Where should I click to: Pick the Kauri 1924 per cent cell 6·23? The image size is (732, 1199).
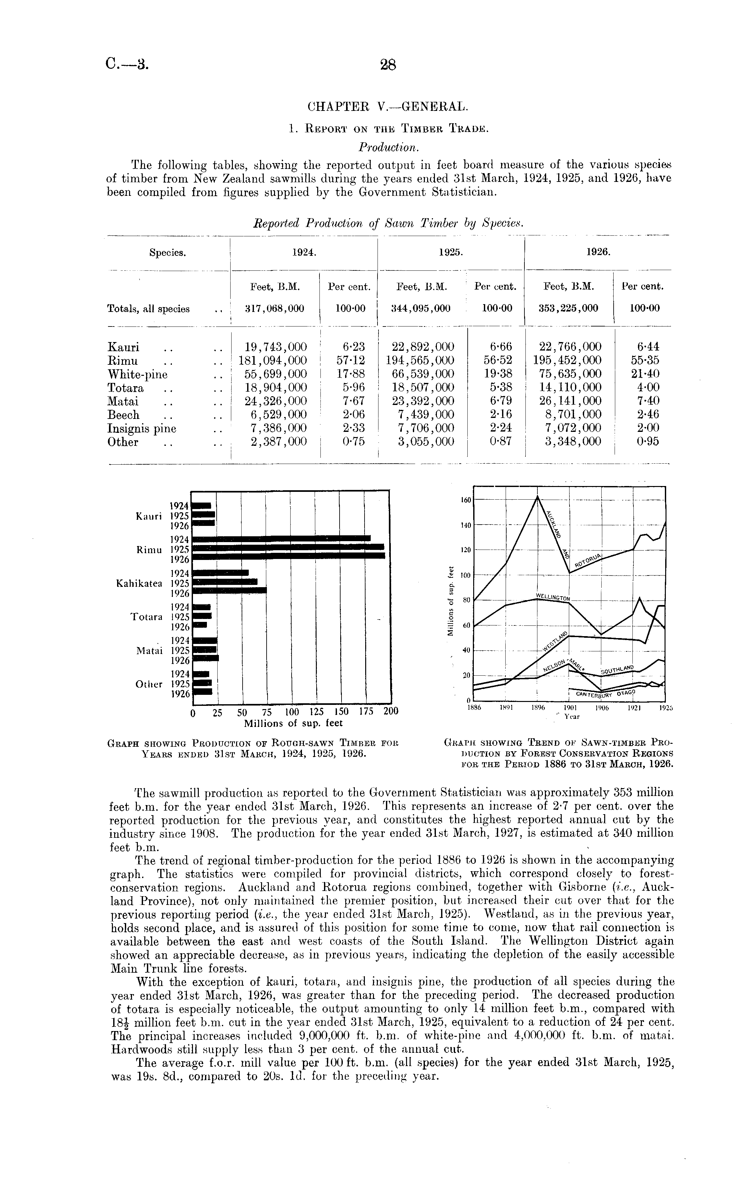click(x=354, y=347)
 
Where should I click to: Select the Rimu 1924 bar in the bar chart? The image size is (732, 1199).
click(x=282, y=538)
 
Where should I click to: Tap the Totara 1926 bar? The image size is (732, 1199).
click(x=200, y=625)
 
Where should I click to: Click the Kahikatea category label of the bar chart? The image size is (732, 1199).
click(x=139, y=583)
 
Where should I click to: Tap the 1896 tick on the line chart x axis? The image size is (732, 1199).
click(x=538, y=708)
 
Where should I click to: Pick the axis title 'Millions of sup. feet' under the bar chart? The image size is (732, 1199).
click(x=293, y=723)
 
